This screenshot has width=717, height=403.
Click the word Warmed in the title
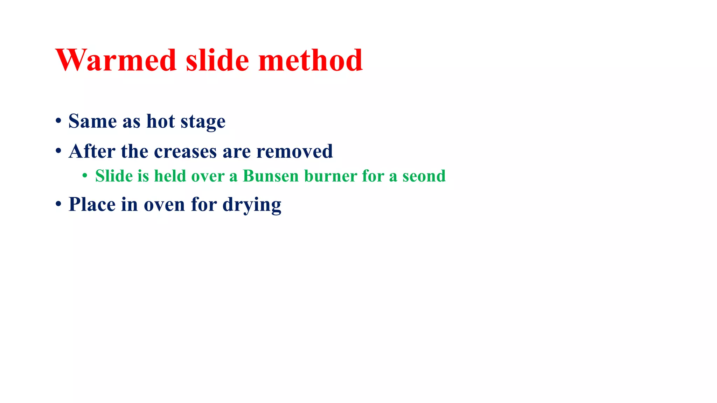click(x=116, y=60)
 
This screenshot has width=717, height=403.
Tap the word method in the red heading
click(x=310, y=60)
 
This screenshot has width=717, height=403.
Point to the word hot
click(x=160, y=121)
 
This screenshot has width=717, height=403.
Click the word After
click(x=92, y=151)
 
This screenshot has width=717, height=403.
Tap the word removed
click(x=294, y=151)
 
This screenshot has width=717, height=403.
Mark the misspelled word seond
click(x=424, y=176)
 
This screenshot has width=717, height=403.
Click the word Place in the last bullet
click(x=92, y=204)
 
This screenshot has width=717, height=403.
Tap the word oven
click(x=164, y=205)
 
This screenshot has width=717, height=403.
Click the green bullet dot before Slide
click(x=85, y=176)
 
